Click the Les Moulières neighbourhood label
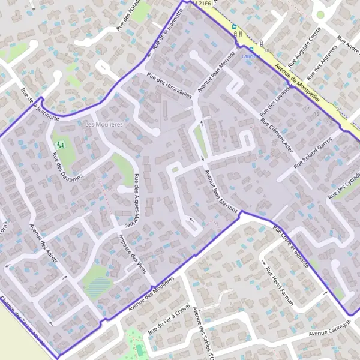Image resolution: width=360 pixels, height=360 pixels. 104,124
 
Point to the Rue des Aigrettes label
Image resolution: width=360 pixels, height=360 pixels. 325,64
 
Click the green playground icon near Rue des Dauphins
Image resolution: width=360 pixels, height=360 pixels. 60,145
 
